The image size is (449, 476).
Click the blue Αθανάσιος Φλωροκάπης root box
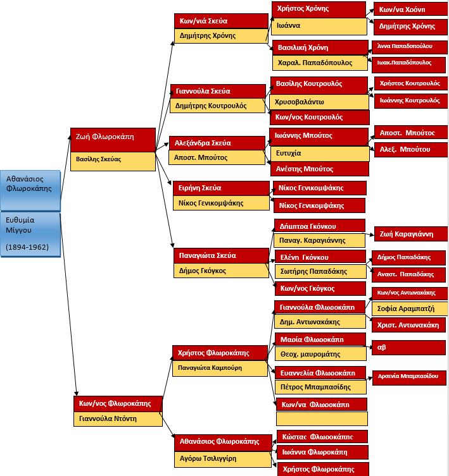click(30, 183)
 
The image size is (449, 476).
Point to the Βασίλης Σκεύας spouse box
click(113, 160)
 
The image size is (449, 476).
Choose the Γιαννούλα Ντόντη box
click(117, 418)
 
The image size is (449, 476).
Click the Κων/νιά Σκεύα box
click(220, 21)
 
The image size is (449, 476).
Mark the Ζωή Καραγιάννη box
click(410, 234)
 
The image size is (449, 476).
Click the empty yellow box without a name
click(321, 418)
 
